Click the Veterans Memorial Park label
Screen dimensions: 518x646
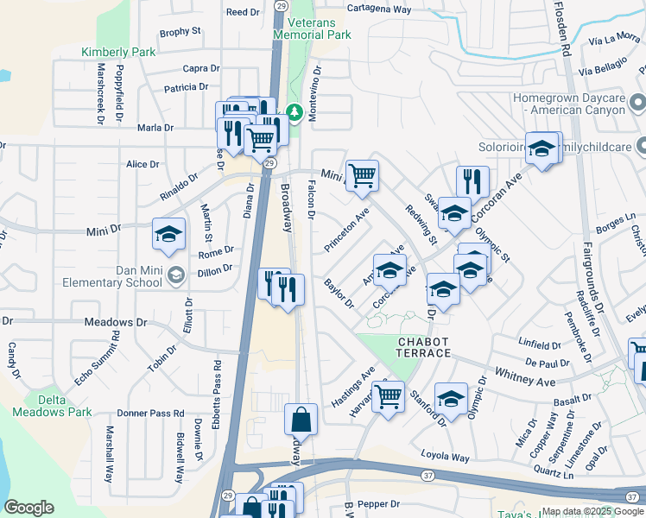[312, 28]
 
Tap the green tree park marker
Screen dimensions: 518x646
[294, 112]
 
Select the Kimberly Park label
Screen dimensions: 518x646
[118, 52]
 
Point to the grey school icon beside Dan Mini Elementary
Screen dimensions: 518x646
[176, 275]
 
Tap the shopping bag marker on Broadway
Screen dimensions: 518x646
[301, 420]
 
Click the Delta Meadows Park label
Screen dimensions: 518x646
[53, 406]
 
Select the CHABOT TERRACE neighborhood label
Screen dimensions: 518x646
[424, 348]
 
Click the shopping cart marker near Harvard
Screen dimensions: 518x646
[389, 397]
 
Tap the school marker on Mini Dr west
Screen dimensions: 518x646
[169, 233]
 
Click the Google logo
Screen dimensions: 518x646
[28, 507]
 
